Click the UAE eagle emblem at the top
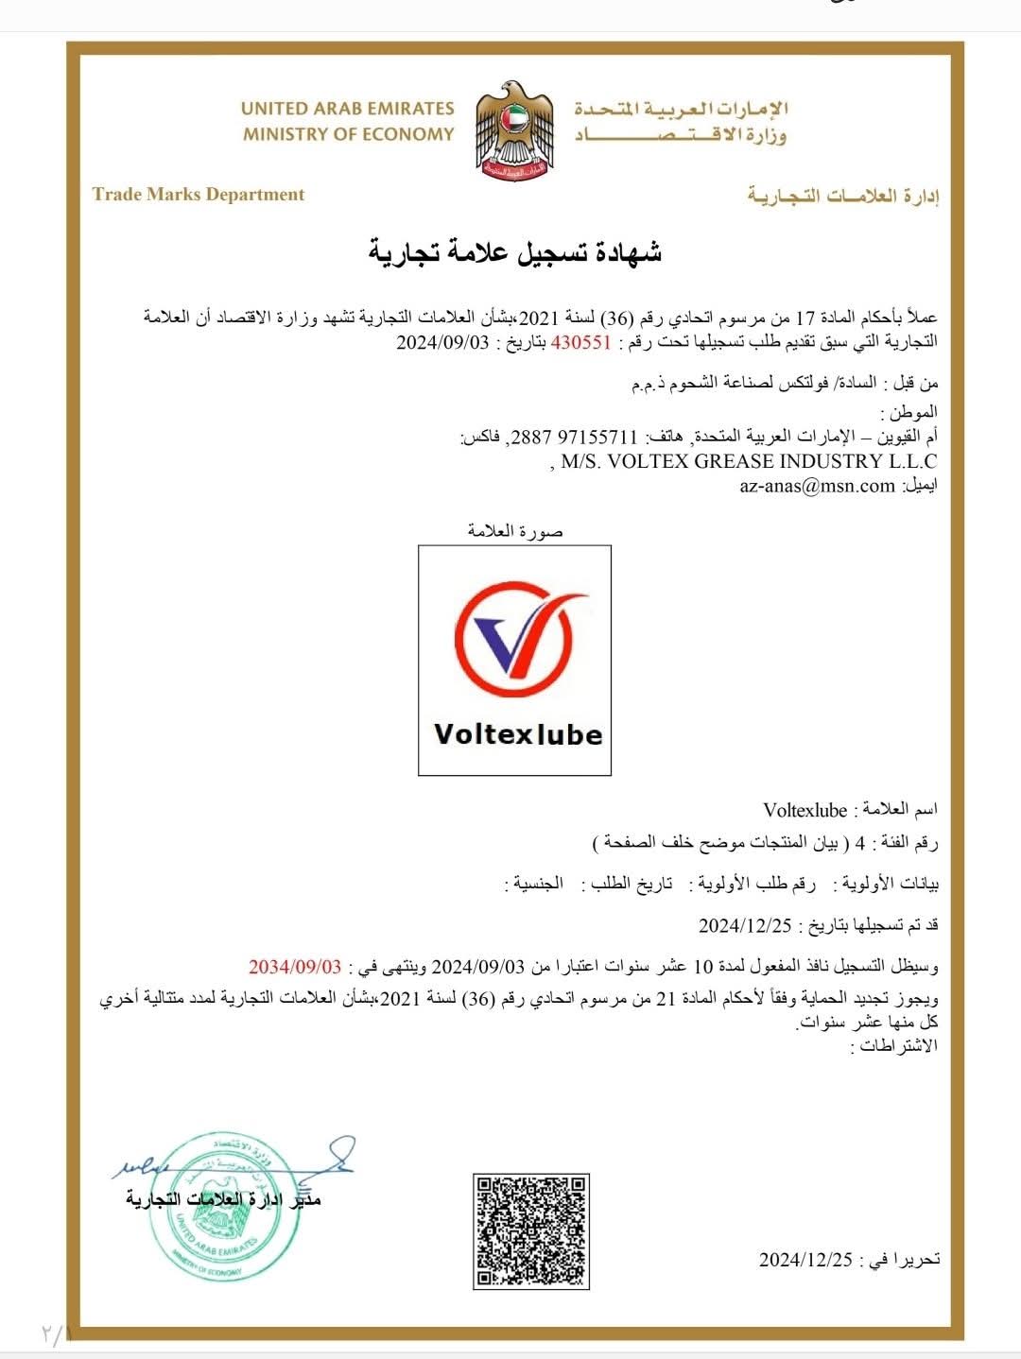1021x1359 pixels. [512, 130]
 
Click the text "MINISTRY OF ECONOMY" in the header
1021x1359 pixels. [348, 134]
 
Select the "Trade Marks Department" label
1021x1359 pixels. [199, 195]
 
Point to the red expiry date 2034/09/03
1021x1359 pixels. [295, 967]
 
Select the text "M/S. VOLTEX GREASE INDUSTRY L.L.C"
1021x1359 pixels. [749, 462]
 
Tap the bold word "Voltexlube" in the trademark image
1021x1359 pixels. [517, 734]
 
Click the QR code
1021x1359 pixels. [530, 1231]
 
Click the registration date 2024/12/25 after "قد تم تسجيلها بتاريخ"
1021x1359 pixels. [745, 925]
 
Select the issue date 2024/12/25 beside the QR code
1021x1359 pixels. [805, 1260]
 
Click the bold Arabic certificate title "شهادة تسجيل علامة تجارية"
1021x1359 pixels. [514, 253]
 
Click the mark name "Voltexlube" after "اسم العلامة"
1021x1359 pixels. [805, 810]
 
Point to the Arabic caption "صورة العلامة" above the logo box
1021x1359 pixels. [515, 531]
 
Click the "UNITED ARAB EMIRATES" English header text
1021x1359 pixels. [348, 109]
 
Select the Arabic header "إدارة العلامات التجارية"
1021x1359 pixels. [843, 197]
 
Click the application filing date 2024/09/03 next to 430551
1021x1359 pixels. [442, 343]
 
